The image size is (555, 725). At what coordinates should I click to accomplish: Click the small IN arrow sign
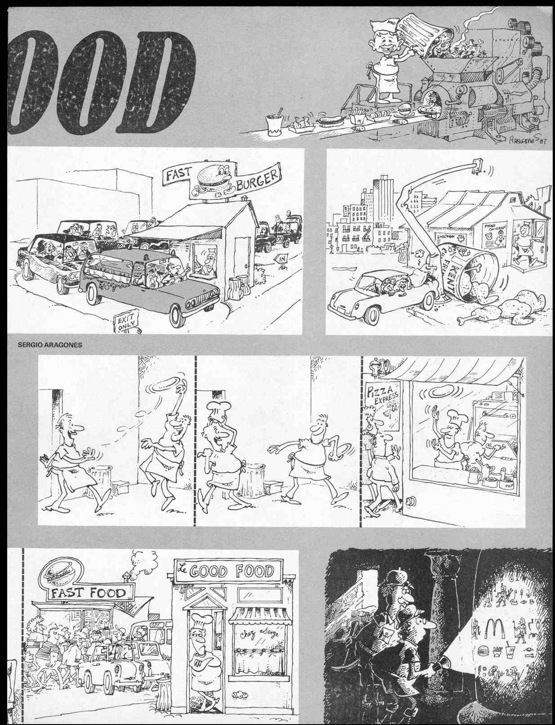coord(282,259)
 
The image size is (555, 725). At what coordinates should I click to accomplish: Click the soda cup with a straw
coord(274,124)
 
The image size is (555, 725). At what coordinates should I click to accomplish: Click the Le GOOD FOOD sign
coord(231,571)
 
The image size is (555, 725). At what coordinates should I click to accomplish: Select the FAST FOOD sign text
coord(88,592)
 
